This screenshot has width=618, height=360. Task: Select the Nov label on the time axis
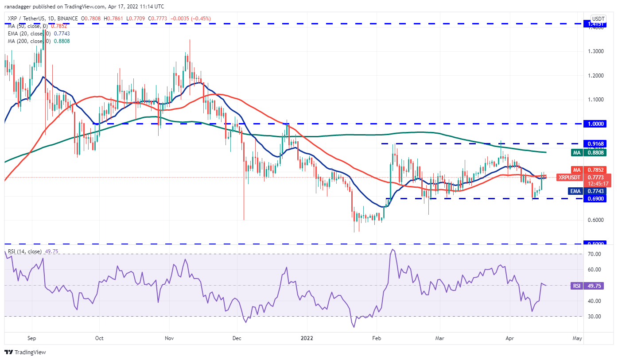tap(168, 337)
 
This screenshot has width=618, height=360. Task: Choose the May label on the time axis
tap(577, 337)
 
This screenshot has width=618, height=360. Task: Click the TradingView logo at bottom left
tap(26, 352)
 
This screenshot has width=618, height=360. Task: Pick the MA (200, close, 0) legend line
tap(38, 41)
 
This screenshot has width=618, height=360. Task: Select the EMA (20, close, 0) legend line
tap(38, 34)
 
